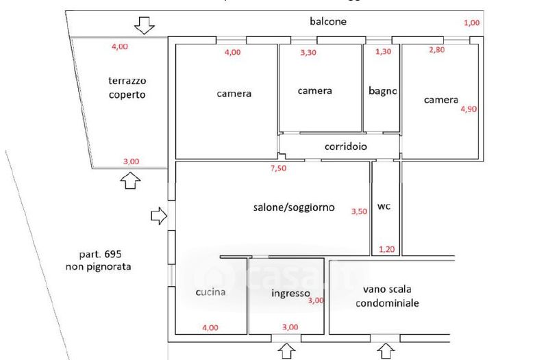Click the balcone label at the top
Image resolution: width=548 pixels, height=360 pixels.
(328, 21)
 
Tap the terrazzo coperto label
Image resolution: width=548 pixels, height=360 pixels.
(127, 88)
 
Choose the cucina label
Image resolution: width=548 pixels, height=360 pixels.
(210, 292)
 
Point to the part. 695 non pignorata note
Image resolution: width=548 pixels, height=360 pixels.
(99, 260)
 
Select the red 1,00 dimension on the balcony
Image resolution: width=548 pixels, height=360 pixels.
(472, 23)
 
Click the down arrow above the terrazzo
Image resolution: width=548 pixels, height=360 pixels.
(144, 26)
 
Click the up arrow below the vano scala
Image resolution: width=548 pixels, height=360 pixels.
(385, 350)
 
